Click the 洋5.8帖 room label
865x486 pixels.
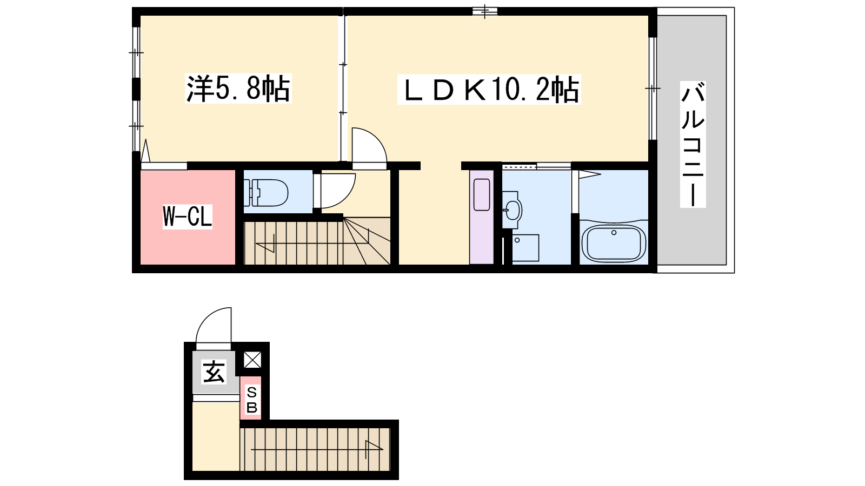(x=238, y=89)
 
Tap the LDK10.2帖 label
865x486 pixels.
(x=489, y=90)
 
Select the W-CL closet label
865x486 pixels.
(x=187, y=217)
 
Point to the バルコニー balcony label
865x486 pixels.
(x=693, y=144)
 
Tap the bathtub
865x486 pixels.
(x=614, y=242)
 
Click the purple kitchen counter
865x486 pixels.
(x=482, y=217)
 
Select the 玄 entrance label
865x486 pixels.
(x=214, y=372)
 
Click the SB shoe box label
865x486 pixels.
(x=251, y=400)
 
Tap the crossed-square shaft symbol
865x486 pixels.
(x=252, y=360)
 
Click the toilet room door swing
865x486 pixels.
(x=335, y=191)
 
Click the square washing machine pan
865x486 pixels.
(x=525, y=248)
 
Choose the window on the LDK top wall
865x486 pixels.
(x=485, y=11)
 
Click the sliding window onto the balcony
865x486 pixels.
(x=652, y=89)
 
